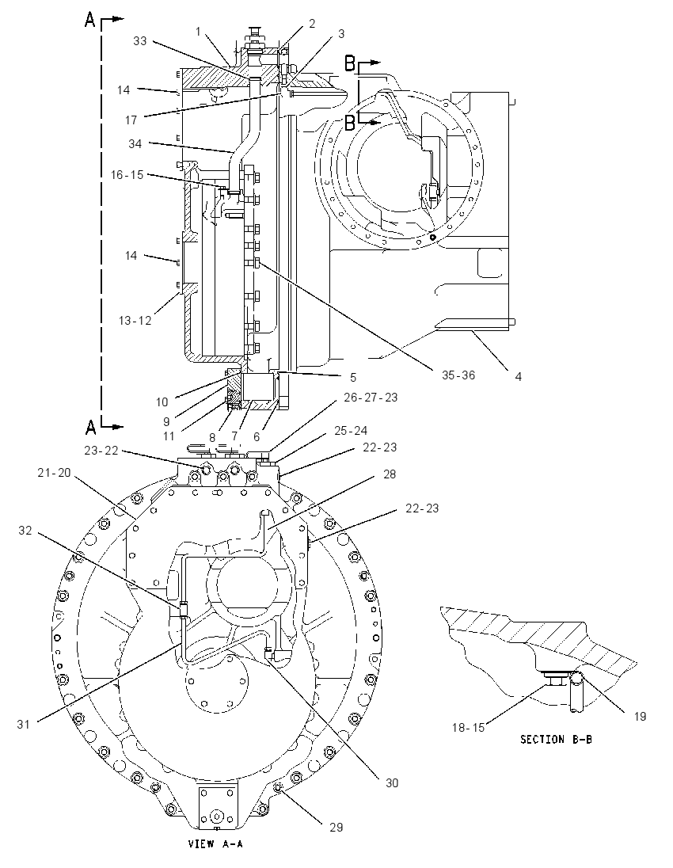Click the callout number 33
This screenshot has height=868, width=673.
140,41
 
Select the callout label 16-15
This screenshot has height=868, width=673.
127,175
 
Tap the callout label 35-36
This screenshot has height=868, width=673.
458,375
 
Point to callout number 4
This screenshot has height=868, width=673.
518,376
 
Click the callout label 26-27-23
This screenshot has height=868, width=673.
371,398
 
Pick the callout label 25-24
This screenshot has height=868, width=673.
351,431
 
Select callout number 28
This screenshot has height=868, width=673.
390,474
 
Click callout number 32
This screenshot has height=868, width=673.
25,531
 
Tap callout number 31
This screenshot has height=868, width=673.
23,724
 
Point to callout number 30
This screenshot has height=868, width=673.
392,782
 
